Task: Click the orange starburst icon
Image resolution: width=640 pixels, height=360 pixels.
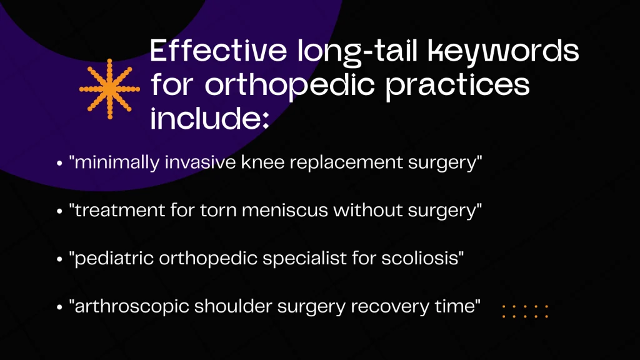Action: click(x=109, y=89)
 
